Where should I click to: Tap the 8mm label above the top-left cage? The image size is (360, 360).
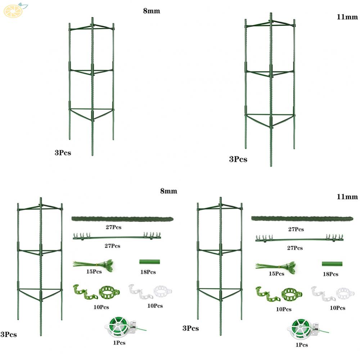tap(151, 11)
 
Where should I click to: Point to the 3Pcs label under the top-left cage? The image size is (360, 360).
tap(63, 153)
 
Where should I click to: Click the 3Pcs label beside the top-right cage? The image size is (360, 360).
tap(238, 159)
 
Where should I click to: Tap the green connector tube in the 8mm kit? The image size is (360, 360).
tap(149, 262)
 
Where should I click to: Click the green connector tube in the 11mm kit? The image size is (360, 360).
tap(332, 264)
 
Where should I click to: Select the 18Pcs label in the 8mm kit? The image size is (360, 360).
tap(148, 272)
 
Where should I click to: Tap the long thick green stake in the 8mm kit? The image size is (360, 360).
tap(122, 219)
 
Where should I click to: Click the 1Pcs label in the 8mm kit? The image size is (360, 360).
tap(119, 343)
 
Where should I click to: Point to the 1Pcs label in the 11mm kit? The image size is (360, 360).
tap(302, 345)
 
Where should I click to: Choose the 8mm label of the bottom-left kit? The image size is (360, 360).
tap(168, 191)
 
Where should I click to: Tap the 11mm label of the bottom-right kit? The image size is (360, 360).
tap(347, 197)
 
